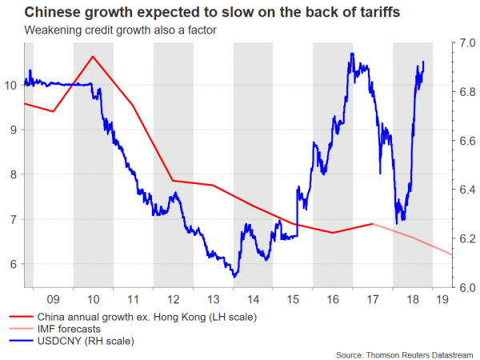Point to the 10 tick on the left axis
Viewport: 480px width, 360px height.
click(x=10, y=85)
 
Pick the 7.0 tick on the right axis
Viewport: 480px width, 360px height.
click(x=464, y=42)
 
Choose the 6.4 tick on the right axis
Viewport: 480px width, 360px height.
click(x=464, y=190)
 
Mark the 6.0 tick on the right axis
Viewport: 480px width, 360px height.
click(x=464, y=287)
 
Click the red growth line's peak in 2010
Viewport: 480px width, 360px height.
click(x=93, y=56)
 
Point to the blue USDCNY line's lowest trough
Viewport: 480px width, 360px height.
click(x=234, y=277)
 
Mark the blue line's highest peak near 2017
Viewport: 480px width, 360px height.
click(x=352, y=54)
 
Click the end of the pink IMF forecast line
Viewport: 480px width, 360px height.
click(x=453, y=254)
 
